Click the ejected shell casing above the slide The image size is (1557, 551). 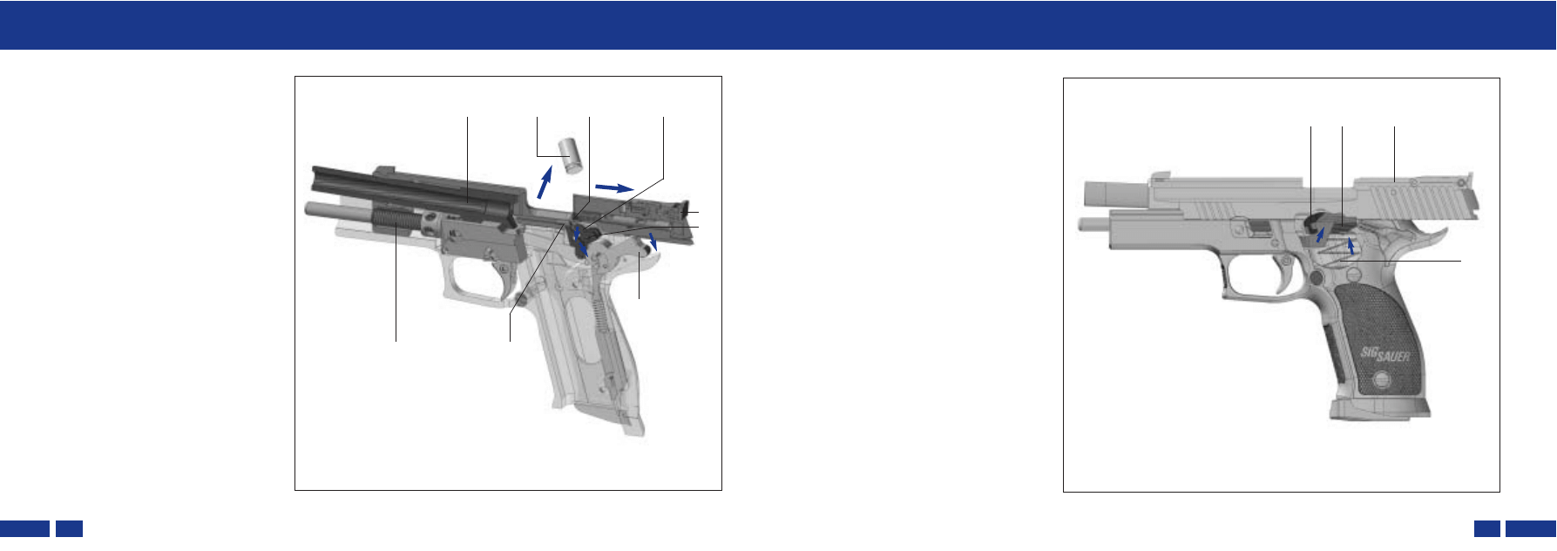click(570, 154)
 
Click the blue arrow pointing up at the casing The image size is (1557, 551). click(545, 183)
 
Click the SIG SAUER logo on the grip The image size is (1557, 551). click(1385, 354)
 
